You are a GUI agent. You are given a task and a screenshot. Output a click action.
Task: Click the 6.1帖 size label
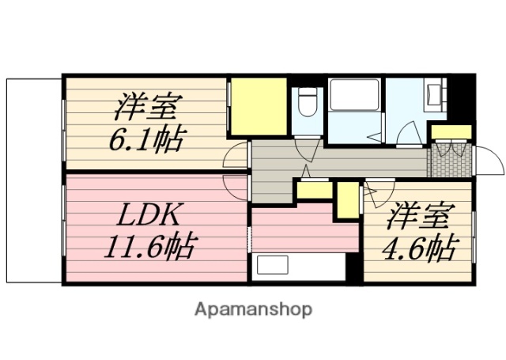pos(146,140)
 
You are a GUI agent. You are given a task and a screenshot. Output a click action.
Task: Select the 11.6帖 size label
pos(149,248)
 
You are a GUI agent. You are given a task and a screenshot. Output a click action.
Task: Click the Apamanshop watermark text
pos(253,309)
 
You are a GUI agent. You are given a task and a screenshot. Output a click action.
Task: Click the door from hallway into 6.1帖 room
pos(236,157)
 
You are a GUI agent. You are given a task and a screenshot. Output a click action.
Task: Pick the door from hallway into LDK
pos(236,187)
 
